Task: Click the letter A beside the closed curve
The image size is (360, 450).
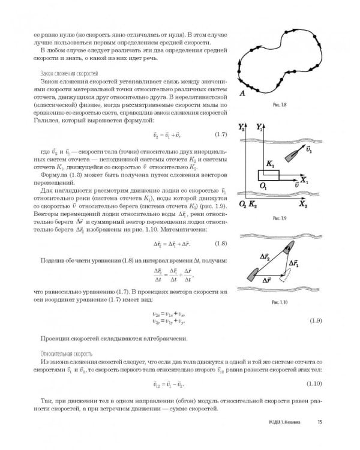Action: (x=241, y=93)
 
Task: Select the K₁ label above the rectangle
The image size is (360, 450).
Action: (x=269, y=164)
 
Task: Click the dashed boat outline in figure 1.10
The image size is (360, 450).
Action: (x=289, y=278)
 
